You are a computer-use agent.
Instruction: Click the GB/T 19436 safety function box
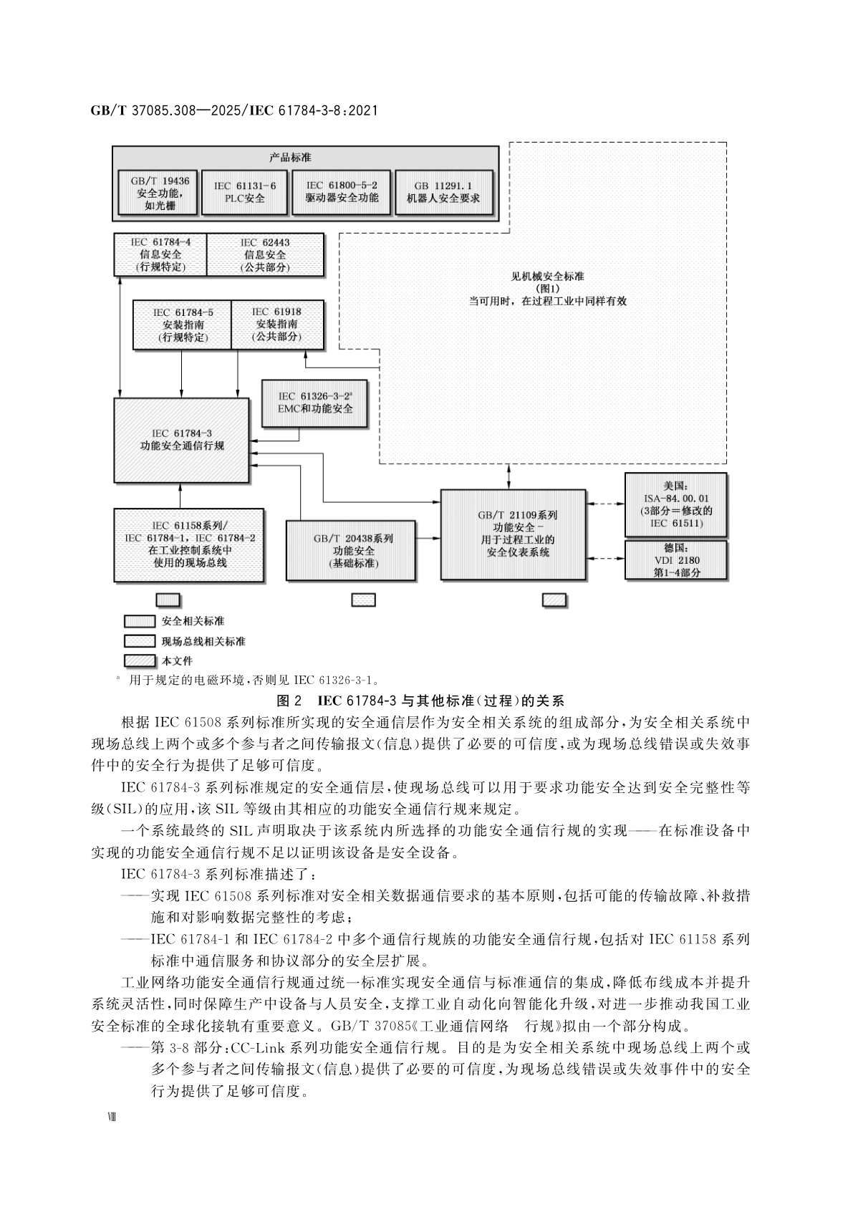[155, 193]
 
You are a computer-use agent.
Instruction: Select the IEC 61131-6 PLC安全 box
[244, 192]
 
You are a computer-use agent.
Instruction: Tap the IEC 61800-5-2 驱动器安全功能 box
[342, 192]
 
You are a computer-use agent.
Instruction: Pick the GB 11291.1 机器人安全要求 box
[443, 192]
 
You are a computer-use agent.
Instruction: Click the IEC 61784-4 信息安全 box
[160, 254]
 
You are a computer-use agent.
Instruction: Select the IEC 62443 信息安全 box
[265, 254]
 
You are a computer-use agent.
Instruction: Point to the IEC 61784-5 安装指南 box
[183, 324]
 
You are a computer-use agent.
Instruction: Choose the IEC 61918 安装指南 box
[277, 324]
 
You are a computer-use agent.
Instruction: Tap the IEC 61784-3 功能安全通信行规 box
[181, 440]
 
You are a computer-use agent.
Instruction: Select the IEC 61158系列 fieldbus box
[190, 544]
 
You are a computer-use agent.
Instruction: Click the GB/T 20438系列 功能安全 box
[353, 550]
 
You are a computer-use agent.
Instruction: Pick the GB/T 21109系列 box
[513, 534]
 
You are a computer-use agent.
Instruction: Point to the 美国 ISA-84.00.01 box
[676, 505]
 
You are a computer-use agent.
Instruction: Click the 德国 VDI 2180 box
[676, 559]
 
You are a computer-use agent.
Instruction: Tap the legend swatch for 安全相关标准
[139, 621]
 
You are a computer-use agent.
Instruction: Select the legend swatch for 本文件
[139, 660]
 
